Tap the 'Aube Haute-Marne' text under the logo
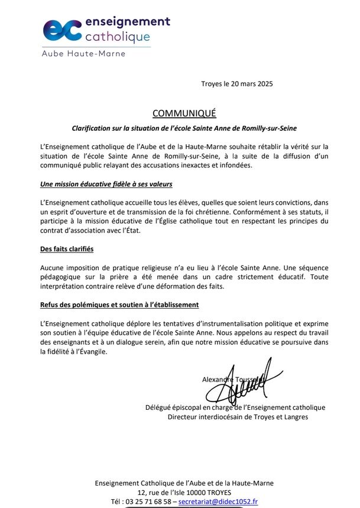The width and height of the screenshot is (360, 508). coord(83,54)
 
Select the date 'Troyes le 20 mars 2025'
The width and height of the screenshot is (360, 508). coord(237,83)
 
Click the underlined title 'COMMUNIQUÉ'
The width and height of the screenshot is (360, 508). coord(184,113)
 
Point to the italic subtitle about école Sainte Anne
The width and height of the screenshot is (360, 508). coord(184,128)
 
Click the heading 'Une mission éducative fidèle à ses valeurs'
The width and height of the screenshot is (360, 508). coord(101,185)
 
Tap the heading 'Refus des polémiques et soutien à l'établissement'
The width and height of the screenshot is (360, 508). coord(119,305)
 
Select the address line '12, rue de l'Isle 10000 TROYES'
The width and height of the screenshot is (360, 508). coord(184,492)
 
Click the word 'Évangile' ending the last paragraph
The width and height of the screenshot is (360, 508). coord(93,352)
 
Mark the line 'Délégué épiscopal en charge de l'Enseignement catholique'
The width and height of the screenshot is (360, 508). coord(235,407)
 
